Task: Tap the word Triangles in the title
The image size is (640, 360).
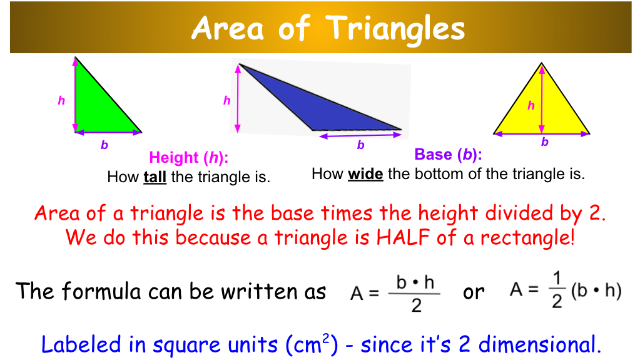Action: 396,28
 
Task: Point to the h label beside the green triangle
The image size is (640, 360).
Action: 61,100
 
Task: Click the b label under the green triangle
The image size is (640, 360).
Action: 104,145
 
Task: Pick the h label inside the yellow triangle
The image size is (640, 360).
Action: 531,106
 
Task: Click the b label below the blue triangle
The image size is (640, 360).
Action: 360,145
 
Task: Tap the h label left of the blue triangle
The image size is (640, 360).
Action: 226,100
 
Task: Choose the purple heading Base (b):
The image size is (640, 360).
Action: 448,155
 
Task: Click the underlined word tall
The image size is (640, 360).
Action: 155,177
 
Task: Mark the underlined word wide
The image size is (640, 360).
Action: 365,174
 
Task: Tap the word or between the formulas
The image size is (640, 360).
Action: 474,292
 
